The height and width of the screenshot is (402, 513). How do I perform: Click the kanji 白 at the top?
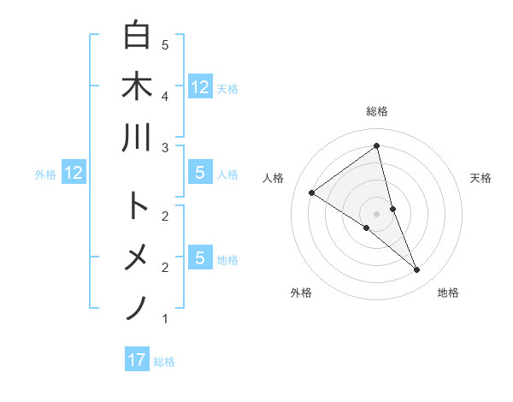coord(137,36)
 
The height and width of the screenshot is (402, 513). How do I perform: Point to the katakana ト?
coord(137,205)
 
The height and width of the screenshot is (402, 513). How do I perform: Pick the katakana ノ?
coord(137,307)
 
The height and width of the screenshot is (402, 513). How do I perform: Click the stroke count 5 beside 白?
coord(165,44)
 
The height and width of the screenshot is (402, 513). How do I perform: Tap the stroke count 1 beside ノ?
coord(165,318)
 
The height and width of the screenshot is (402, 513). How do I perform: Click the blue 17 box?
coord(137,360)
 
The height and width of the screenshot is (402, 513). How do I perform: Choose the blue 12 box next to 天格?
coord(200,86)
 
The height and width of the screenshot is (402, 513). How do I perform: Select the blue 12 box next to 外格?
coord(74,174)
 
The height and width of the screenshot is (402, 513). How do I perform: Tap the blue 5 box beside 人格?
coord(200,174)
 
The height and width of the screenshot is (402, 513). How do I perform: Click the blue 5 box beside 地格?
coord(200,257)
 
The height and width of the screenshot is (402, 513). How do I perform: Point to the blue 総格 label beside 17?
coord(164,362)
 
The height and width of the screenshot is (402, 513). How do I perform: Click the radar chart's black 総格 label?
coord(376,111)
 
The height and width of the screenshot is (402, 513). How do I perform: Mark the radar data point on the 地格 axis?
coord(417,269)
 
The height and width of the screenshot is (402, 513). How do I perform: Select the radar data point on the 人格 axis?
coord(311,192)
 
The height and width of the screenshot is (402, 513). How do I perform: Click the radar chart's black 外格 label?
coord(301,293)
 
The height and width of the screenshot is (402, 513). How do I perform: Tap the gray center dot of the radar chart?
coord(376,214)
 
